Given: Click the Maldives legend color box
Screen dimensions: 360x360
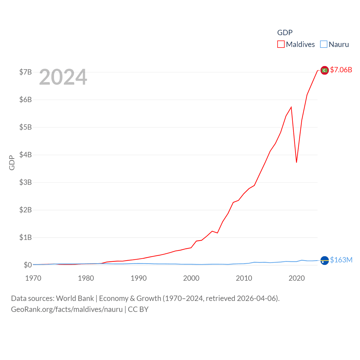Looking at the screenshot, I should point(281,44).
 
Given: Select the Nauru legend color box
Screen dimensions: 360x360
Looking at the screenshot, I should point(324,44).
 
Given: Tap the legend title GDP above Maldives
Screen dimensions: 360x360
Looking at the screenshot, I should point(285,33).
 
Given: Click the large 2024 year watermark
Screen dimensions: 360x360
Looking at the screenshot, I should point(63,77).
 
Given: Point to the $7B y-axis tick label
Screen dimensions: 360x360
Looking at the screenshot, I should point(25,72).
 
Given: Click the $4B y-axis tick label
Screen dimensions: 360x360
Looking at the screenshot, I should point(25,155).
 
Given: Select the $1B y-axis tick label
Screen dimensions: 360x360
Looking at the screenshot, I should point(25,237).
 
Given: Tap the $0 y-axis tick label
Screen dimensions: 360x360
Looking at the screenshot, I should point(28,265).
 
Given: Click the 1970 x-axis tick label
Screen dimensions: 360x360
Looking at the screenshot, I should point(33,278).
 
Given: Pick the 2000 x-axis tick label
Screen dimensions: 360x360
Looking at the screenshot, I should point(191,278).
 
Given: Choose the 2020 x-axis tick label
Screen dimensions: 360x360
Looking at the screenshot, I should point(296,278).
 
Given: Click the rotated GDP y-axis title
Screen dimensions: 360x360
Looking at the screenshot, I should point(12,163).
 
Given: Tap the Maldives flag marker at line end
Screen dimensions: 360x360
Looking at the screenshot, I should point(325,70).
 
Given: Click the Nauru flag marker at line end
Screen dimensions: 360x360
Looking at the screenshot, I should point(325,260).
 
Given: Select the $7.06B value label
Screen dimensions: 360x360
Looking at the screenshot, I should point(341,70).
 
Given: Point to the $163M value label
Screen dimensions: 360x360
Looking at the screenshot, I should point(341,260).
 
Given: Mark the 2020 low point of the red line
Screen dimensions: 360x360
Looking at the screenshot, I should point(296,162).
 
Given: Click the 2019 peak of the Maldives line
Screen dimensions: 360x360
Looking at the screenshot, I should point(291,107).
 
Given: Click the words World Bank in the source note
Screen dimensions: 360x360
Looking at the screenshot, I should point(75,298).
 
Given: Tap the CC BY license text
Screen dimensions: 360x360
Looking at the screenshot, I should point(138,309).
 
